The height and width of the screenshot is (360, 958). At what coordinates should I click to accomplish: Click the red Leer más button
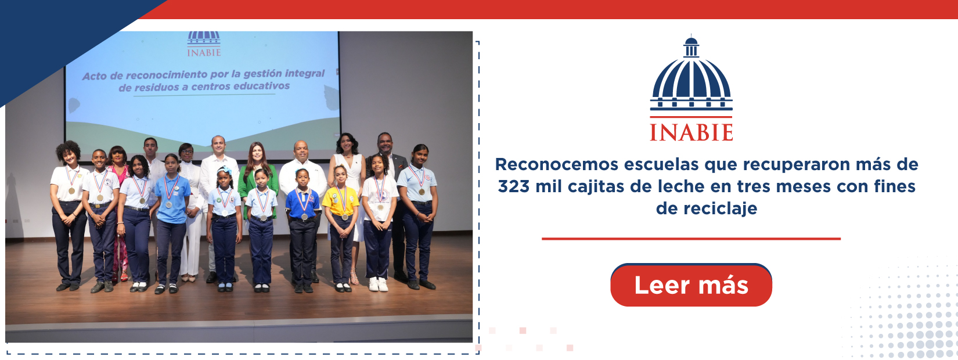(691, 285)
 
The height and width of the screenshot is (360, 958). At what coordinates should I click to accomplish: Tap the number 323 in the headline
(514, 186)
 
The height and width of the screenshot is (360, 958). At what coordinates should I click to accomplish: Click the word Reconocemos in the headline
(557, 164)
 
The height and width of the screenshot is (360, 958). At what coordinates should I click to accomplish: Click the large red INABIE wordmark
(691, 132)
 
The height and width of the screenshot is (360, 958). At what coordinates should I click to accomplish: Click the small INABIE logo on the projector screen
(204, 44)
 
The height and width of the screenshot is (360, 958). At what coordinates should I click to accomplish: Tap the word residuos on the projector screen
(156, 88)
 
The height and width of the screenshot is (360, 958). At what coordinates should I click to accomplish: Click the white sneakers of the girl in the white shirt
(378, 284)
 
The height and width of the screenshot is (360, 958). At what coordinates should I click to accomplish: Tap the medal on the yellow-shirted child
(344, 217)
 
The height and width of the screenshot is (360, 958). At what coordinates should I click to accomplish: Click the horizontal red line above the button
(691, 239)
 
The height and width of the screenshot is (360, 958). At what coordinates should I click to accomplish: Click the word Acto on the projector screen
(93, 77)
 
